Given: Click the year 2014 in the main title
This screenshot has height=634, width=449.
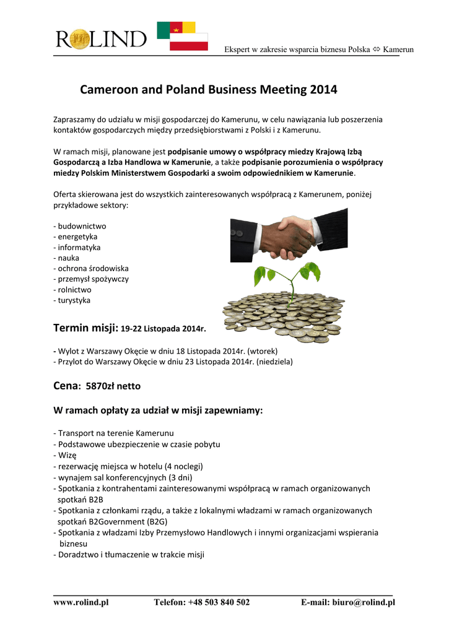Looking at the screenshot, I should [324, 90].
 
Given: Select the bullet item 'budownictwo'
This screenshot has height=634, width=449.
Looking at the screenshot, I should [82, 226].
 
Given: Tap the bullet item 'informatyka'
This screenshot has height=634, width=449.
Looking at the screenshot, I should [79, 247].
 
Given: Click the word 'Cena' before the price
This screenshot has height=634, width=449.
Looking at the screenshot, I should [67, 385].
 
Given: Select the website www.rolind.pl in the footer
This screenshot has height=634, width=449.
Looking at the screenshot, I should [81, 602].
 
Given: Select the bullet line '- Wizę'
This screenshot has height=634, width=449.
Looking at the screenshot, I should [65, 455].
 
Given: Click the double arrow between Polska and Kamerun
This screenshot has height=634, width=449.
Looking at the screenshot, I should [377, 50].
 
